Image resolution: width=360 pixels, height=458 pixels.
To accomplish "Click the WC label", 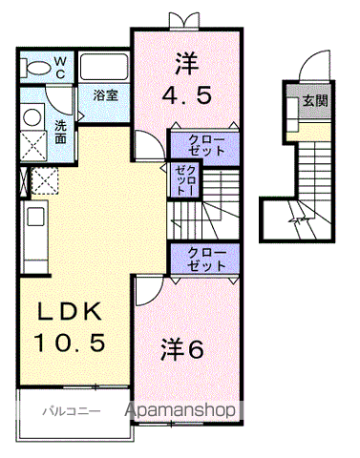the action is coord(60,67).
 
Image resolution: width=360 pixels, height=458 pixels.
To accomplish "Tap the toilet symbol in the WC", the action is coord(35,68).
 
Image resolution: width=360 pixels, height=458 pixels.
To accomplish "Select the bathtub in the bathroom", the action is coord(104,68).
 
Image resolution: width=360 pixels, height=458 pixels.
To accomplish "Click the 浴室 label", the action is coord(106,94).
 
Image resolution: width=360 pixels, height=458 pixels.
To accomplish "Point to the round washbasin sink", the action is coord(32,117).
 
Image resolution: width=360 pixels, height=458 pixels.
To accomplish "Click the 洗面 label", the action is coord(60,132).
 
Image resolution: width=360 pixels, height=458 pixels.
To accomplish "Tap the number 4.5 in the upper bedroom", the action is coord(187,95).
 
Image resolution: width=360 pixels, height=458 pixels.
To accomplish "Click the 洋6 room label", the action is coord(182,348).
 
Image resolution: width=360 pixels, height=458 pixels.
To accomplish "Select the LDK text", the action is coord(70,311).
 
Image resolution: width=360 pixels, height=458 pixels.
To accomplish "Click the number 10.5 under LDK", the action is coord(70,343).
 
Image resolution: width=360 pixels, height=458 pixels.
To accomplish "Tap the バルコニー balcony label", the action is coord(72,411).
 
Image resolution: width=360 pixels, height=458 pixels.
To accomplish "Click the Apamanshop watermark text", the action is coord(180,410).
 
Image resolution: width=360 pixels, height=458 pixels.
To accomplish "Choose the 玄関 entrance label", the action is coord(315,101).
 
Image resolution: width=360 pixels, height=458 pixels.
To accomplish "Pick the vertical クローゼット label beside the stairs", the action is coord(185,180).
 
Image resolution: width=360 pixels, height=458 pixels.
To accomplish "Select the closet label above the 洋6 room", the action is coord(206,259).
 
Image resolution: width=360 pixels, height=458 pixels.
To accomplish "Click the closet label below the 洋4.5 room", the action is coord(206,145).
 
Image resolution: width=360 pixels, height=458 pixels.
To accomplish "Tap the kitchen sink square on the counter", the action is coord(35,217).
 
